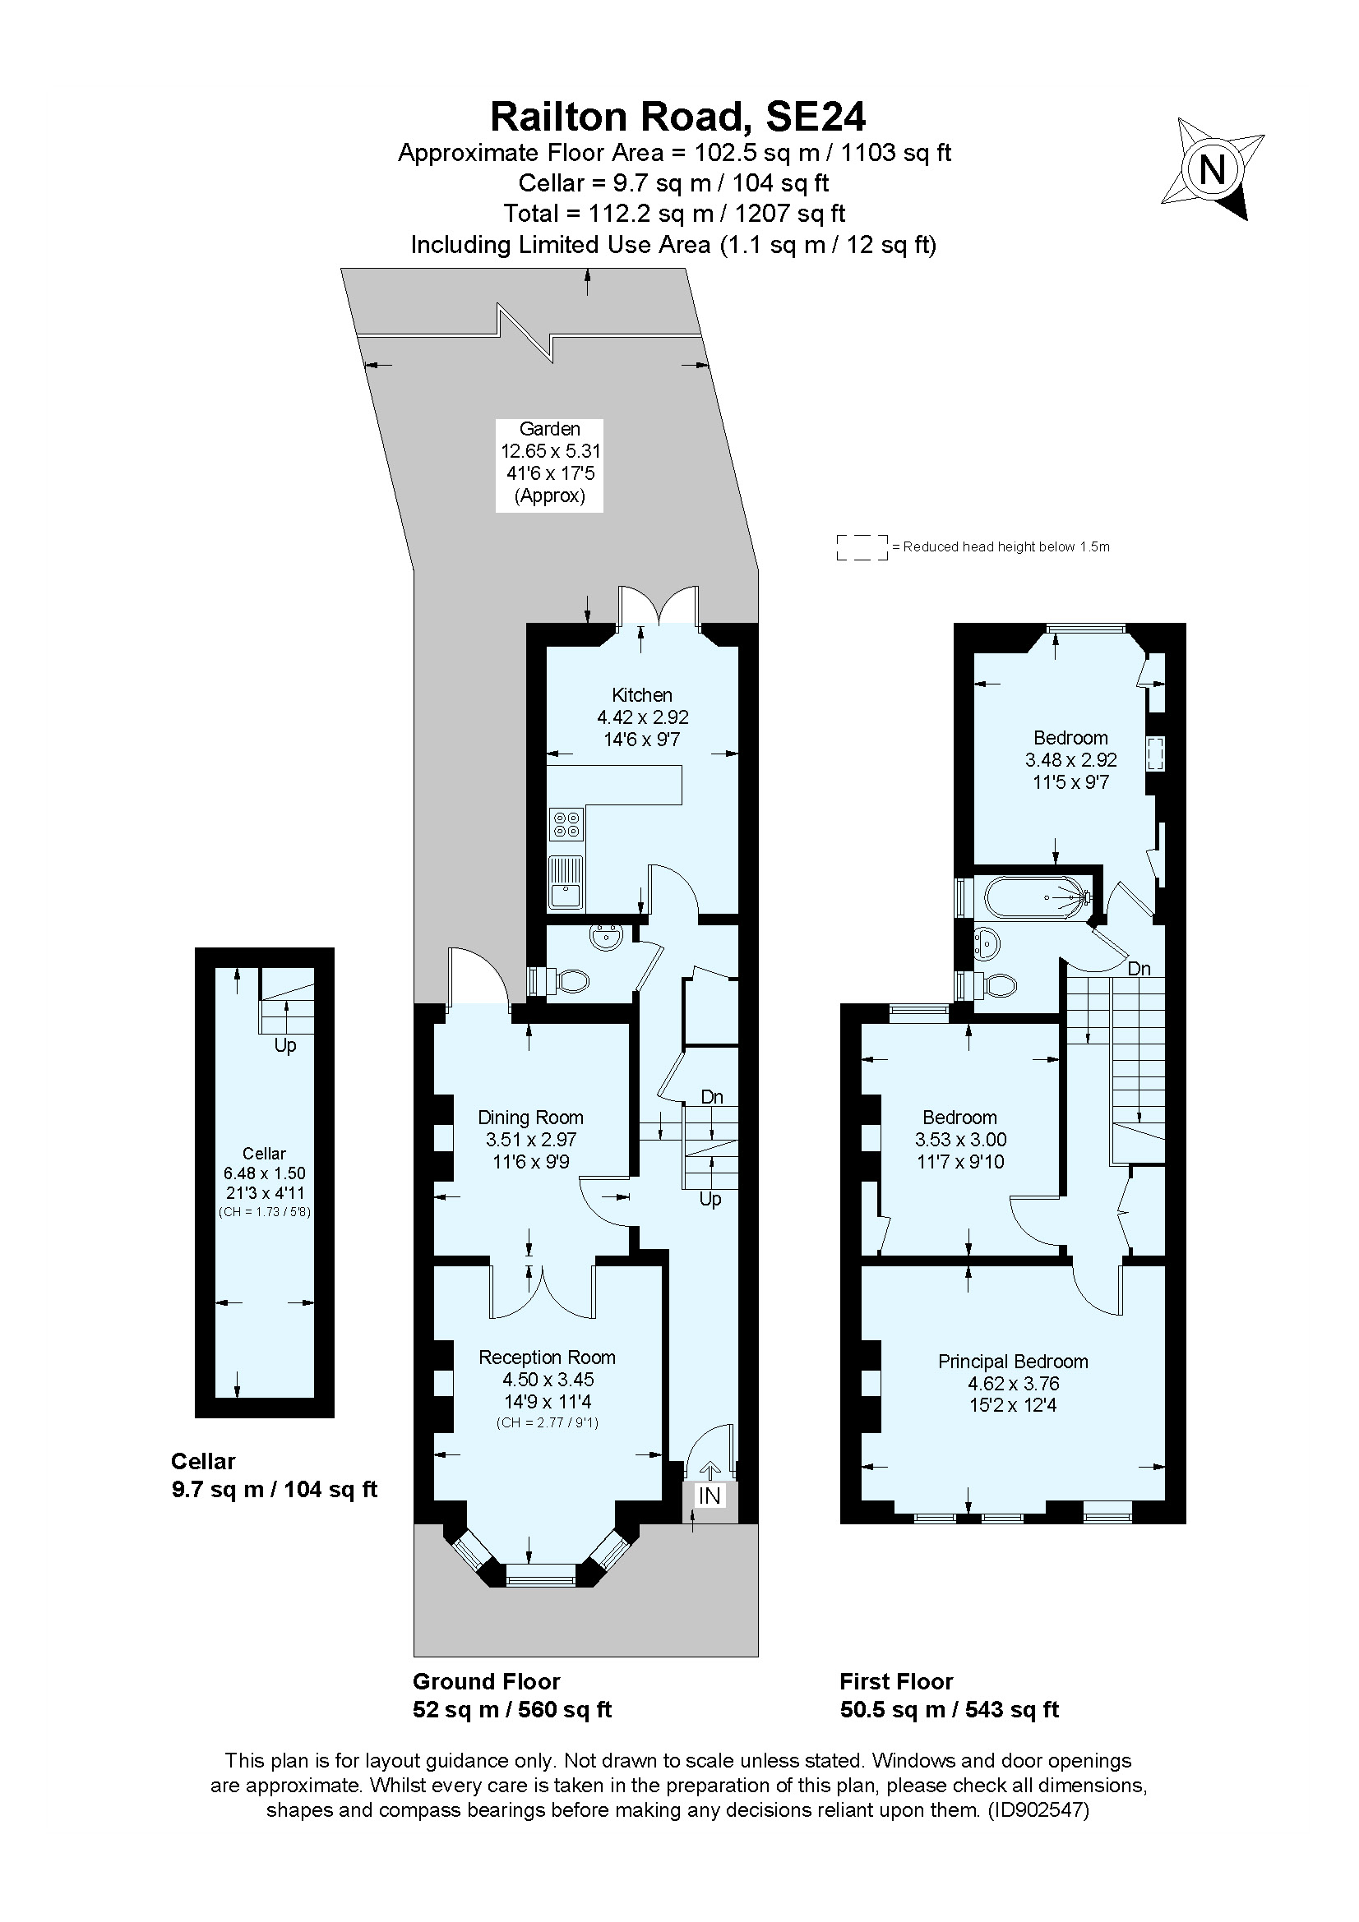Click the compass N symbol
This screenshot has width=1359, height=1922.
coord(1212,170)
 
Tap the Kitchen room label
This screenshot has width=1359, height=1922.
coord(641,695)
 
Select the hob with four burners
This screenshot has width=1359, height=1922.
coord(566,823)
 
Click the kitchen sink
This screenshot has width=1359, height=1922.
coord(566,883)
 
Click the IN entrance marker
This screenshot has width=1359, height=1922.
coord(710,1495)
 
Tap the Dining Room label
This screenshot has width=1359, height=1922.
coord(530,1117)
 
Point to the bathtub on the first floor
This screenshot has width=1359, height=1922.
coord(1035,897)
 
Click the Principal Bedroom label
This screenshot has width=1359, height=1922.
coord(1012,1361)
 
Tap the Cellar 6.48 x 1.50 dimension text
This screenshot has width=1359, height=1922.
coord(264,1173)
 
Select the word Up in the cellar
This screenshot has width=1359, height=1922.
coord(285,1045)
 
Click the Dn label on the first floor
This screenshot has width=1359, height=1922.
coord(1139,969)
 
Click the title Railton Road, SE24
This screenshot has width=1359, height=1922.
coord(677,117)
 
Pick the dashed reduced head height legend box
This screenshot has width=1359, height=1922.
coord(862,547)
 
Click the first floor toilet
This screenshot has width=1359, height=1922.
coord(993,985)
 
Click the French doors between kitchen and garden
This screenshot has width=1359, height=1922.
coord(659,606)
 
